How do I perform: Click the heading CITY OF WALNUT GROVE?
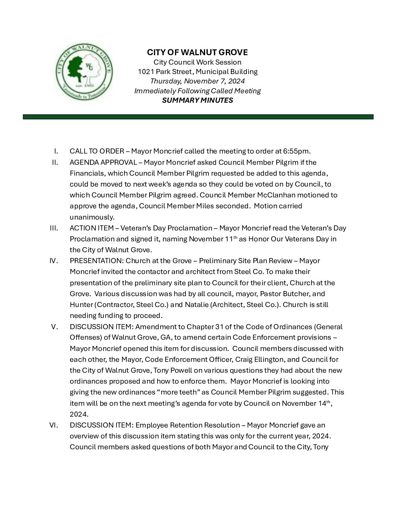(x=197, y=53)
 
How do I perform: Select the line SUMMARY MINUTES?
(x=197, y=100)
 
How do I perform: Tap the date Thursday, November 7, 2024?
(x=197, y=81)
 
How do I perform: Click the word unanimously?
(x=92, y=217)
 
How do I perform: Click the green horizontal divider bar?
(x=198, y=117)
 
